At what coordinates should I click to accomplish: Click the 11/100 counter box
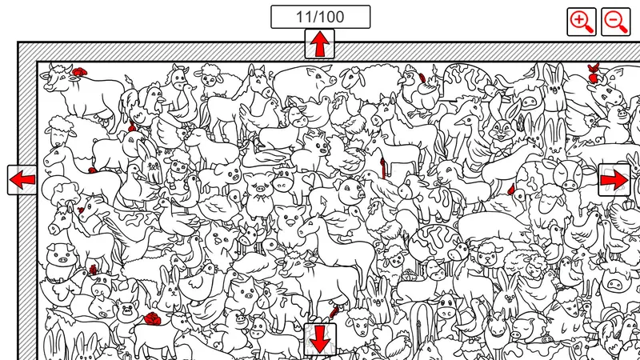[321, 17]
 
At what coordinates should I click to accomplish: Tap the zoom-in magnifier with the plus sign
[582, 22]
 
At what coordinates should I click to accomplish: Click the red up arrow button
[319, 44]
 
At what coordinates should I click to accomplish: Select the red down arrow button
[320, 338]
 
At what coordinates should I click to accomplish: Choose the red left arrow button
[22, 180]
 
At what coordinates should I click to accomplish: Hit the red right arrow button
[614, 180]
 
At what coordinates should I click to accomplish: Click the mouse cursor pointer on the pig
[324, 202]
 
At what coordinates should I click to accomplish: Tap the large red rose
[153, 318]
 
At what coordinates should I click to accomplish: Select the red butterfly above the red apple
[593, 68]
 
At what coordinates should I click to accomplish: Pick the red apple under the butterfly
[594, 78]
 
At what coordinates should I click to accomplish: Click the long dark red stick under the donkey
[383, 168]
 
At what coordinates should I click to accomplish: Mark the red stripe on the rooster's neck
[422, 78]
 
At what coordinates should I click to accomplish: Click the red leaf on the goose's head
[511, 189]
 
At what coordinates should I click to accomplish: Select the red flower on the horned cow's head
[79, 72]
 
